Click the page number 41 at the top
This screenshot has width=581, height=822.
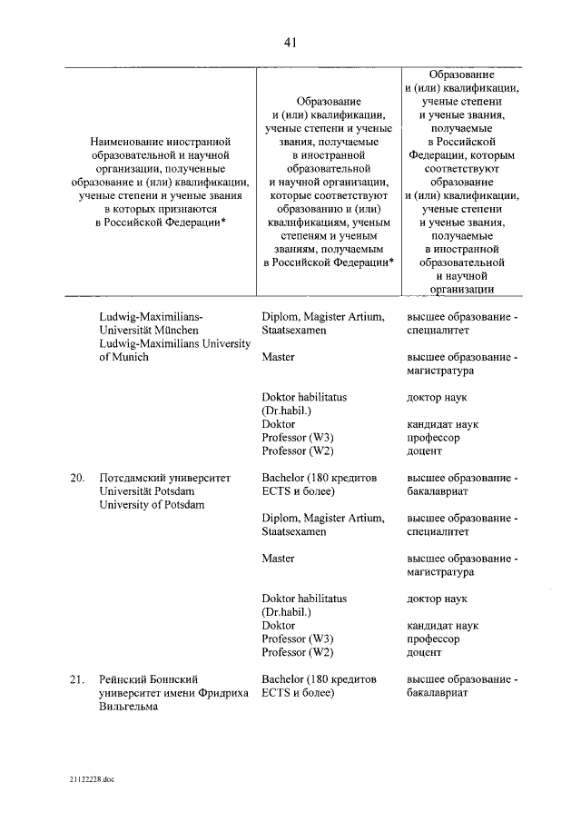[290, 41]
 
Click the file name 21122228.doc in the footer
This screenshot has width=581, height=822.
[91, 779]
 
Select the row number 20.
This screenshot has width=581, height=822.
[77, 477]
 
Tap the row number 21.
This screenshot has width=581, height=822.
[77, 678]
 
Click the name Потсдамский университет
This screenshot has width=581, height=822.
[164, 477]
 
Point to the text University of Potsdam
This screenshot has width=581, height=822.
[152, 504]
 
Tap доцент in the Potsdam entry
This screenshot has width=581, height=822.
[424, 652]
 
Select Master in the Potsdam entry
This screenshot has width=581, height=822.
[278, 559]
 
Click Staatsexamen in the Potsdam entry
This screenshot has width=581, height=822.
[294, 531]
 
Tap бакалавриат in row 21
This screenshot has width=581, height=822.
[438, 693]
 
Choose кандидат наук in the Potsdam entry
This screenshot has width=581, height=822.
[443, 625]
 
